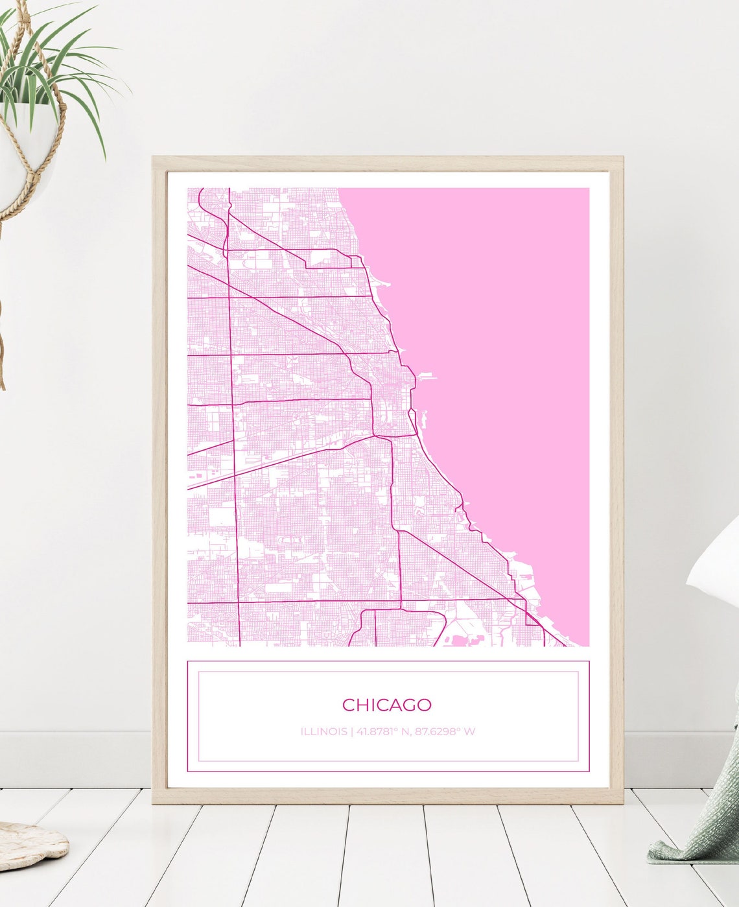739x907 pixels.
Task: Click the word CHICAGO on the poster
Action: click(x=386, y=705)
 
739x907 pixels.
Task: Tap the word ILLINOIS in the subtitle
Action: click(x=323, y=732)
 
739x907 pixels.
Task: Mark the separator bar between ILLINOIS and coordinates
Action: click(x=351, y=732)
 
